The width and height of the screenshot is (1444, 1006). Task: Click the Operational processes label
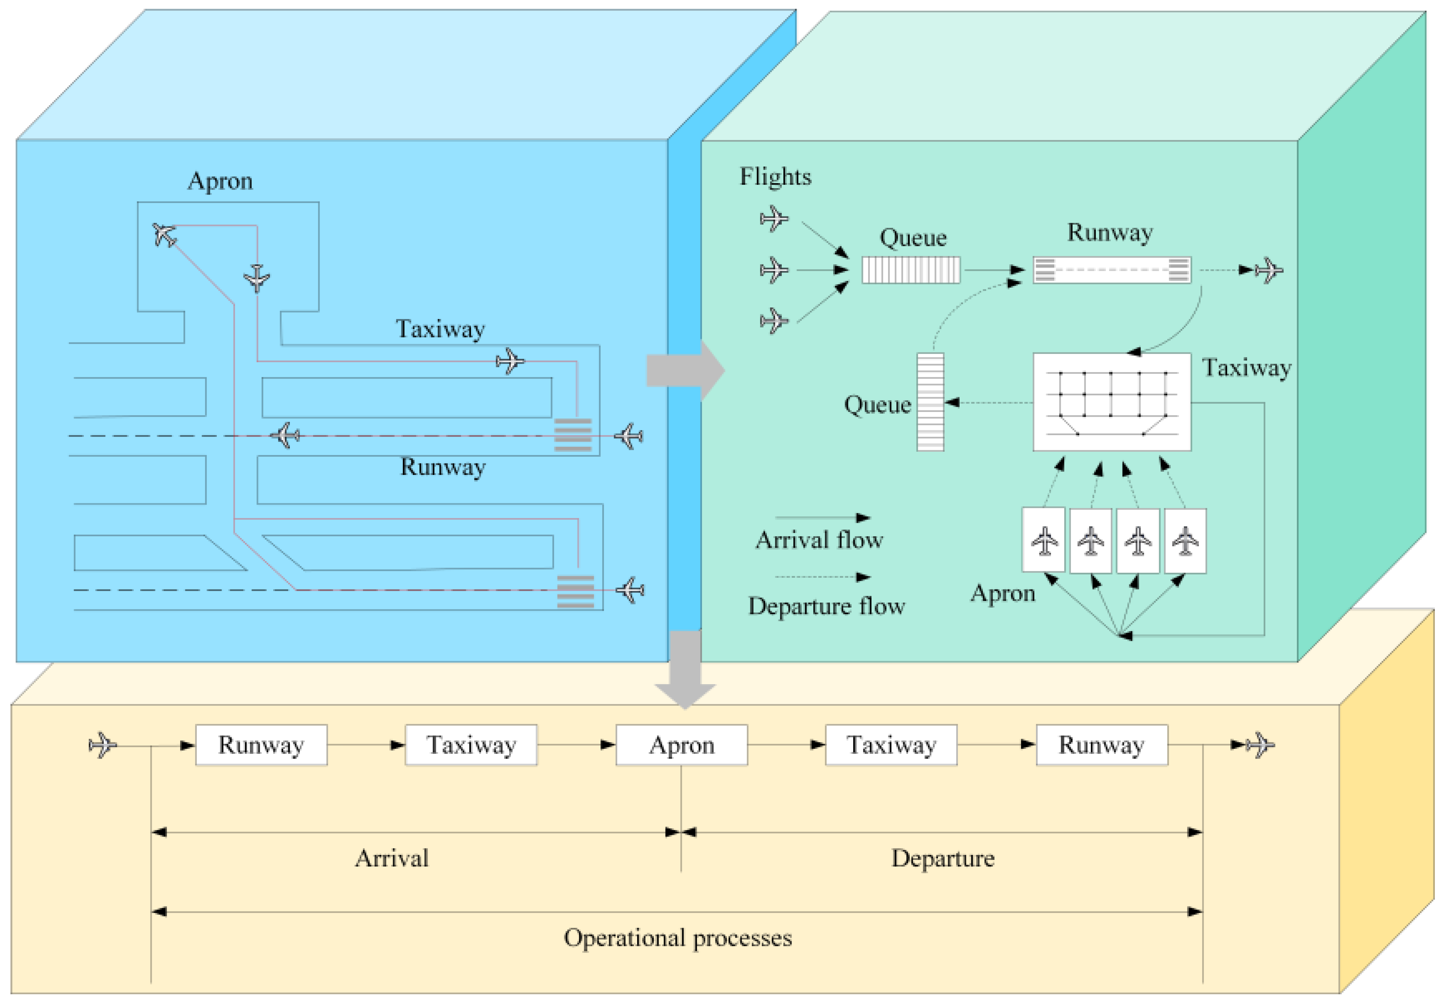tap(677, 937)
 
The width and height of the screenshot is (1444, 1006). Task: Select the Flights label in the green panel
tap(775, 177)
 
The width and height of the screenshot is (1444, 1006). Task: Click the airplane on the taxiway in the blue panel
tap(510, 361)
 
